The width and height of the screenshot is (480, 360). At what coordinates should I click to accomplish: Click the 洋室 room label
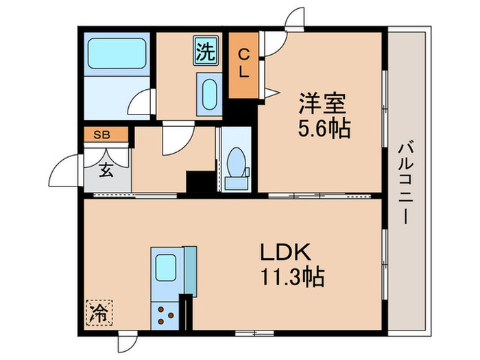322,104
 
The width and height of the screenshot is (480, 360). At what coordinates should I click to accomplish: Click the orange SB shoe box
106,134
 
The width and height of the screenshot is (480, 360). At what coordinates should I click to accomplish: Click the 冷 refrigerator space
99,314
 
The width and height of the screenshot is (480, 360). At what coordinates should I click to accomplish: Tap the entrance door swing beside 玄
71,169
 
